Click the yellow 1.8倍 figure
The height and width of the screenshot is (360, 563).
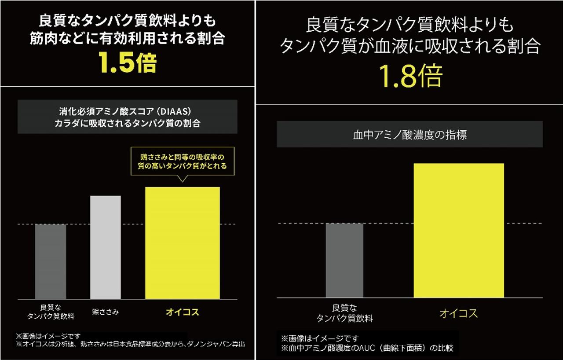coord(410,76)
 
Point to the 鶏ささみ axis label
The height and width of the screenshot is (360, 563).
coord(106,312)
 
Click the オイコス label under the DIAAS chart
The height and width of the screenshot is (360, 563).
coord(182,312)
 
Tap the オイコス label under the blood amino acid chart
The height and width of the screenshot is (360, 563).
coord(458,313)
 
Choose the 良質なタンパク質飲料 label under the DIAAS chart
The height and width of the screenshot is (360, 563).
coord(51,312)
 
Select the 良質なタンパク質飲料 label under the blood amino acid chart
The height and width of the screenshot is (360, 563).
coord(344,313)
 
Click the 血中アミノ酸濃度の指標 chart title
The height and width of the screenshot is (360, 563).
coord(409,135)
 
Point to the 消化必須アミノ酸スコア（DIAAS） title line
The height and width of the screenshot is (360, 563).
coord(127,110)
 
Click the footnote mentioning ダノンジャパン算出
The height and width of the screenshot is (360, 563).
coord(130,344)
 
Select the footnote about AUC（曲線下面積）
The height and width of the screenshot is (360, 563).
coord(367,348)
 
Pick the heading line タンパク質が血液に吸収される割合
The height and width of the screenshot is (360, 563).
coord(409,46)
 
